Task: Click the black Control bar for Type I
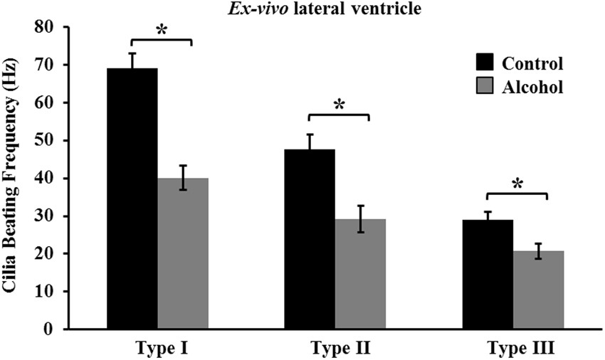[132, 198]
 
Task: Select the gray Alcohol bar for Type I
[183, 253]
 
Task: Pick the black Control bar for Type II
[310, 239]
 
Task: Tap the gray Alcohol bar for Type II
[361, 274]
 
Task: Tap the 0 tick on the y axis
[51, 329]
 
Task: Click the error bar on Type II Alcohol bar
[361, 218]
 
